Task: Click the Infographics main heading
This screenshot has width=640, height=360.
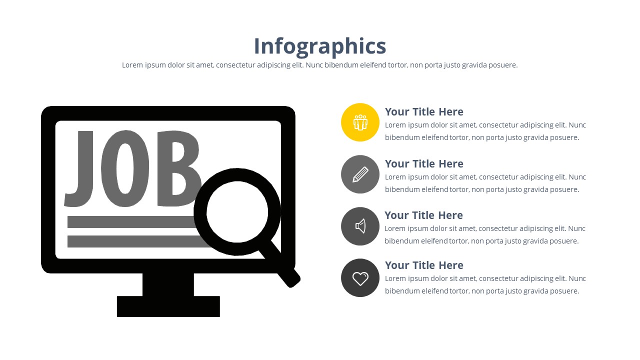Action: coord(320,46)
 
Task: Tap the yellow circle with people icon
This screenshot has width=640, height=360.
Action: coord(360,122)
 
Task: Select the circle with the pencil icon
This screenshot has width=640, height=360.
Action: coord(360,174)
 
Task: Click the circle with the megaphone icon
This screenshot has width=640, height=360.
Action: coord(360,226)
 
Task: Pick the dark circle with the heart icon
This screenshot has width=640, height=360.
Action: coord(360,277)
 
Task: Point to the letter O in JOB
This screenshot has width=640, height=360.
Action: coord(125,168)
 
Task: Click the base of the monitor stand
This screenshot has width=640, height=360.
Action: coord(168,306)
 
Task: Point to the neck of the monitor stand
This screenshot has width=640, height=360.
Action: coord(168,284)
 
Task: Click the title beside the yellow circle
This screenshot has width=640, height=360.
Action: coord(424,111)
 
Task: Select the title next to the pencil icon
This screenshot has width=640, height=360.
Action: coord(424,163)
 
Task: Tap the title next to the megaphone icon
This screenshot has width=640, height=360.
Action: coord(423,215)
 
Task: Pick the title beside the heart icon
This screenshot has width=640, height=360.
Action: coord(424,265)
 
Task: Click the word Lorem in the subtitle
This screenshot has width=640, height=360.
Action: coord(132,65)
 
